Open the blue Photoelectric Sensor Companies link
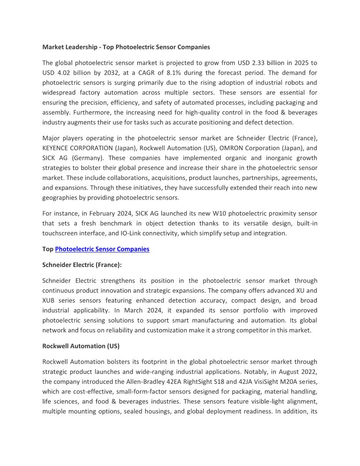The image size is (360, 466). point(102,249)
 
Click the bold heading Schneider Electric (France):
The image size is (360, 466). point(82,265)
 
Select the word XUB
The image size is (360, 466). point(51,301)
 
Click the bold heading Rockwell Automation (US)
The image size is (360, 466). point(81,346)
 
